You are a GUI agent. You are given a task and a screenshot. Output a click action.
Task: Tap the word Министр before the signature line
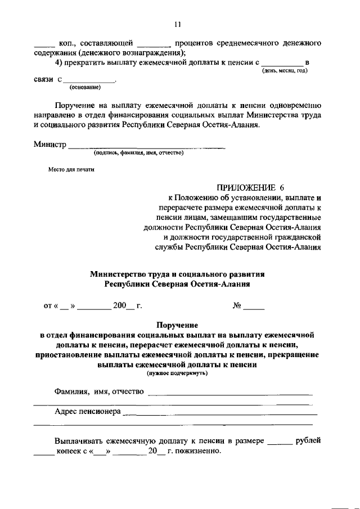49,145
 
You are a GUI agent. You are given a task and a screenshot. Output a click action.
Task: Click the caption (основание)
84,87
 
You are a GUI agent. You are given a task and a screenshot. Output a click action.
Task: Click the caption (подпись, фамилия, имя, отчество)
138,152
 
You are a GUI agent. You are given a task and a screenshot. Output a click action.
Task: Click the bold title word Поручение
177,325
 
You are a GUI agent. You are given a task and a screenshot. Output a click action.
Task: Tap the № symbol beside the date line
237,307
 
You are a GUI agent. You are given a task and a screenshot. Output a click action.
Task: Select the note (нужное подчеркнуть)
177,373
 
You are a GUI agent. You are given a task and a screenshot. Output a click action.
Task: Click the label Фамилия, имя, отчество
99,391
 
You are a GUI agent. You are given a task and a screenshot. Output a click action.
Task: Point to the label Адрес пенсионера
87,412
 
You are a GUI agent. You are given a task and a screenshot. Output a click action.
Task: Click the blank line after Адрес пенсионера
219,415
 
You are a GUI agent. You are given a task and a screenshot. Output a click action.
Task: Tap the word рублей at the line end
309,442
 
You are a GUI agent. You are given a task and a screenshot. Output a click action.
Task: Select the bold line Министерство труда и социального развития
177,274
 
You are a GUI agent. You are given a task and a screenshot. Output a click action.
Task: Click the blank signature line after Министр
146,147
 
